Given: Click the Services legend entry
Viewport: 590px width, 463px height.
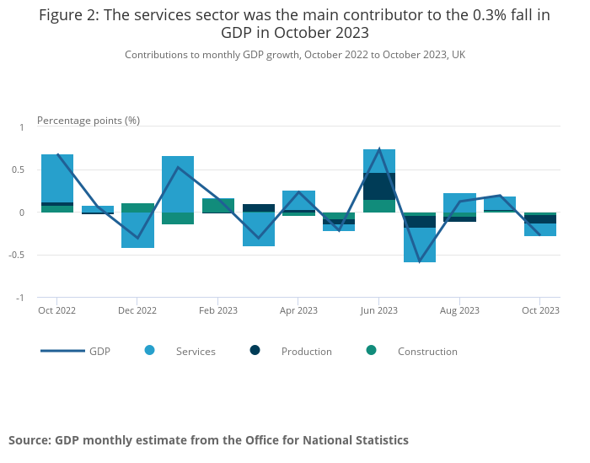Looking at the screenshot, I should (x=195, y=352).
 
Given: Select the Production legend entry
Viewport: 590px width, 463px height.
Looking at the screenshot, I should (x=306, y=352).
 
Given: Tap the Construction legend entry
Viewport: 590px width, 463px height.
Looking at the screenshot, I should (x=426, y=352).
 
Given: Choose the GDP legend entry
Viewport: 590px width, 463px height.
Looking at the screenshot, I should (x=99, y=352).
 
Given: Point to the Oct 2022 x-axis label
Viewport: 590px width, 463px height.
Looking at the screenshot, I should (x=56, y=310).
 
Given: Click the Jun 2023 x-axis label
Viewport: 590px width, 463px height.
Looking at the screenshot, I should (x=379, y=310).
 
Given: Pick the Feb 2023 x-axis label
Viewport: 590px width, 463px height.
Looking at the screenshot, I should (x=218, y=310).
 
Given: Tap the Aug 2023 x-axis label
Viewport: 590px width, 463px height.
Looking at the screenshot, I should (x=459, y=310).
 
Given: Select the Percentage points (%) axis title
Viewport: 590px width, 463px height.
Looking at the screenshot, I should (x=88, y=121).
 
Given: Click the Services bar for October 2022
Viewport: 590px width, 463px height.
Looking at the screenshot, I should (x=57, y=178).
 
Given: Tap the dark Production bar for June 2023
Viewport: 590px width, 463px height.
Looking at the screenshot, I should (x=379, y=186).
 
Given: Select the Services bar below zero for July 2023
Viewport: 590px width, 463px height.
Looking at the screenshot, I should (x=419, y=245).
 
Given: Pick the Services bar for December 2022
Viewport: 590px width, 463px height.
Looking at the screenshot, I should (x=137, y=230).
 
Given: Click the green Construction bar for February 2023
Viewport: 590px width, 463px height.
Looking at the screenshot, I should (x=218, y=205).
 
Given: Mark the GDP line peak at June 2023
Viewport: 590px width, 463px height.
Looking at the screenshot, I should (x=379, y=149).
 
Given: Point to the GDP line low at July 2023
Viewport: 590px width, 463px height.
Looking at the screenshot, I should (x=419, y=261).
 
